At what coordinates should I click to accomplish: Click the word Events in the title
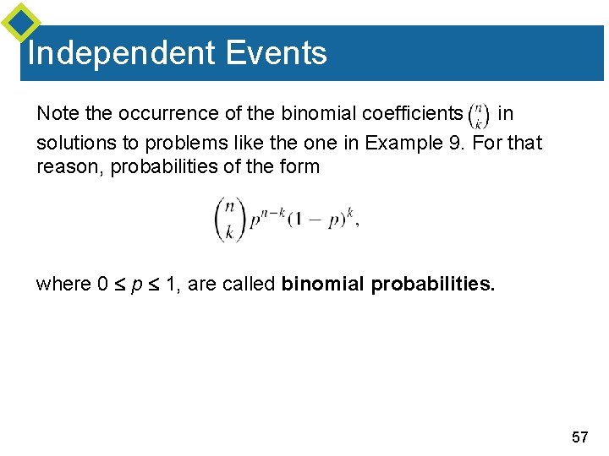[276, 53]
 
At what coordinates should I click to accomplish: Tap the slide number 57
[579, 437]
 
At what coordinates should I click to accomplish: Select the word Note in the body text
[54, 113]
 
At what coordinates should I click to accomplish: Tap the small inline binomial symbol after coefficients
[479, 114]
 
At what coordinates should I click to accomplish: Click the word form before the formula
[301, 166]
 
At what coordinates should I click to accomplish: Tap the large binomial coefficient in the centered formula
[228, 219]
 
